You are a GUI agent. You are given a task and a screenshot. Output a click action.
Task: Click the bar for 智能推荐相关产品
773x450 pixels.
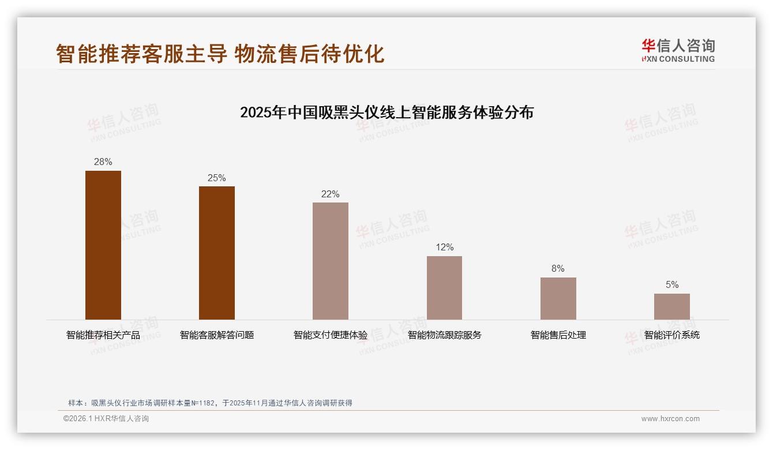(103, 245)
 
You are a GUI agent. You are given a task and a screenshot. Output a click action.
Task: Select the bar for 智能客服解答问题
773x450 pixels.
(217, 253)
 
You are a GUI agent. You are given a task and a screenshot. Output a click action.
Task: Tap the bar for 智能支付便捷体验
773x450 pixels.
(331, 261)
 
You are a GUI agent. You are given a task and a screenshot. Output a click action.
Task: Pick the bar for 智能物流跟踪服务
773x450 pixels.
(444, 288)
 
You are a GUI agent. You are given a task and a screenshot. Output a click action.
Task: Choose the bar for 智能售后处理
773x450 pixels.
(558, 298)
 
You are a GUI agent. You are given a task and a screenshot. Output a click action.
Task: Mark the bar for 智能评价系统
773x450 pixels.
(671, 306)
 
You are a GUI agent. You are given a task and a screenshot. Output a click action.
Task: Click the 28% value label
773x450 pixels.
(103, 162)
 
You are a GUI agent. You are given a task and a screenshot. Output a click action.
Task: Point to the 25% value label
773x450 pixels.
(217, 178)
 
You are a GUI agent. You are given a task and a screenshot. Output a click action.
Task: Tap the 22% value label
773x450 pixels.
(331, 194)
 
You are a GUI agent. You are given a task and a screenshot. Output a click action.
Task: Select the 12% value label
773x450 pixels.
(444, 247)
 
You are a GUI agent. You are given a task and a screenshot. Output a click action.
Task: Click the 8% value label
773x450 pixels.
(558, 269)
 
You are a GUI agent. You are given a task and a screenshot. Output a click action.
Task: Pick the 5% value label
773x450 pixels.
(671, 285)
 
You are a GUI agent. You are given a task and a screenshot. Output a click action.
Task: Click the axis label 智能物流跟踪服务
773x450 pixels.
(444, 335)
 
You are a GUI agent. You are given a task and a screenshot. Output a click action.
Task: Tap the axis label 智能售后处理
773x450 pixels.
(558, 335)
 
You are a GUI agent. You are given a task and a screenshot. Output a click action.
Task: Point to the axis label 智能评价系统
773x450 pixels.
(671, 335)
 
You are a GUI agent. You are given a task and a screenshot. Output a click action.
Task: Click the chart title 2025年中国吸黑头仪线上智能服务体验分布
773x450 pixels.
(386, 112)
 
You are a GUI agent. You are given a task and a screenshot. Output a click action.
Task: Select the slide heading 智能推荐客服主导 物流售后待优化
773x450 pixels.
(220, 54)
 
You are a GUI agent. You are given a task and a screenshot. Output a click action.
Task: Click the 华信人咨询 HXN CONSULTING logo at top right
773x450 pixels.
(678, 50)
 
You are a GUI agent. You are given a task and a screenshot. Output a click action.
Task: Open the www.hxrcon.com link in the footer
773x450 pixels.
(670, 419)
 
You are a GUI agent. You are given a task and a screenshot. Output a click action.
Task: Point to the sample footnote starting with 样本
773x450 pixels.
(210, 403)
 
